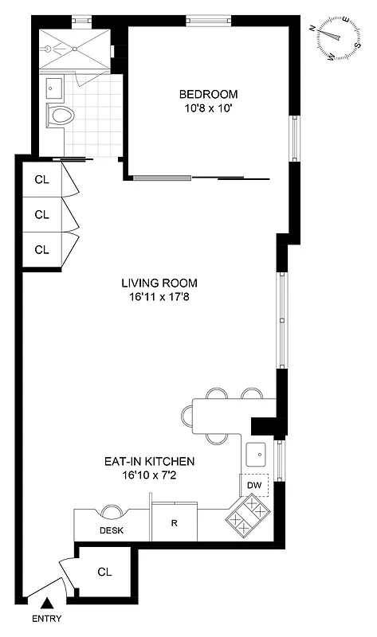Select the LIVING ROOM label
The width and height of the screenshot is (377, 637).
click(x=159, y=283)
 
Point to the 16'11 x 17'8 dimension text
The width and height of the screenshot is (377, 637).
click(x=159, y=297)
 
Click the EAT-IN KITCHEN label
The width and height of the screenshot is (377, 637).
click(x=150, y=461)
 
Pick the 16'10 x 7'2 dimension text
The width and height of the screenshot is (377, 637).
click(x=150, y=475)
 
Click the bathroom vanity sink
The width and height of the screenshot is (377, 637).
click(x=53, y=85)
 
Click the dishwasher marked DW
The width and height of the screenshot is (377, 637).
click(x=254, y=485)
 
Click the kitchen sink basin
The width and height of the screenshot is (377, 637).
click(x=257, y=455)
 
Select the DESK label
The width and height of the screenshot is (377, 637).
click(x=111, y=531)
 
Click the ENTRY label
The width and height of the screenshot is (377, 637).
click(x=46, y=619)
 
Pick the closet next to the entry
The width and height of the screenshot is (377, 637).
click(x=104, y=572)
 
